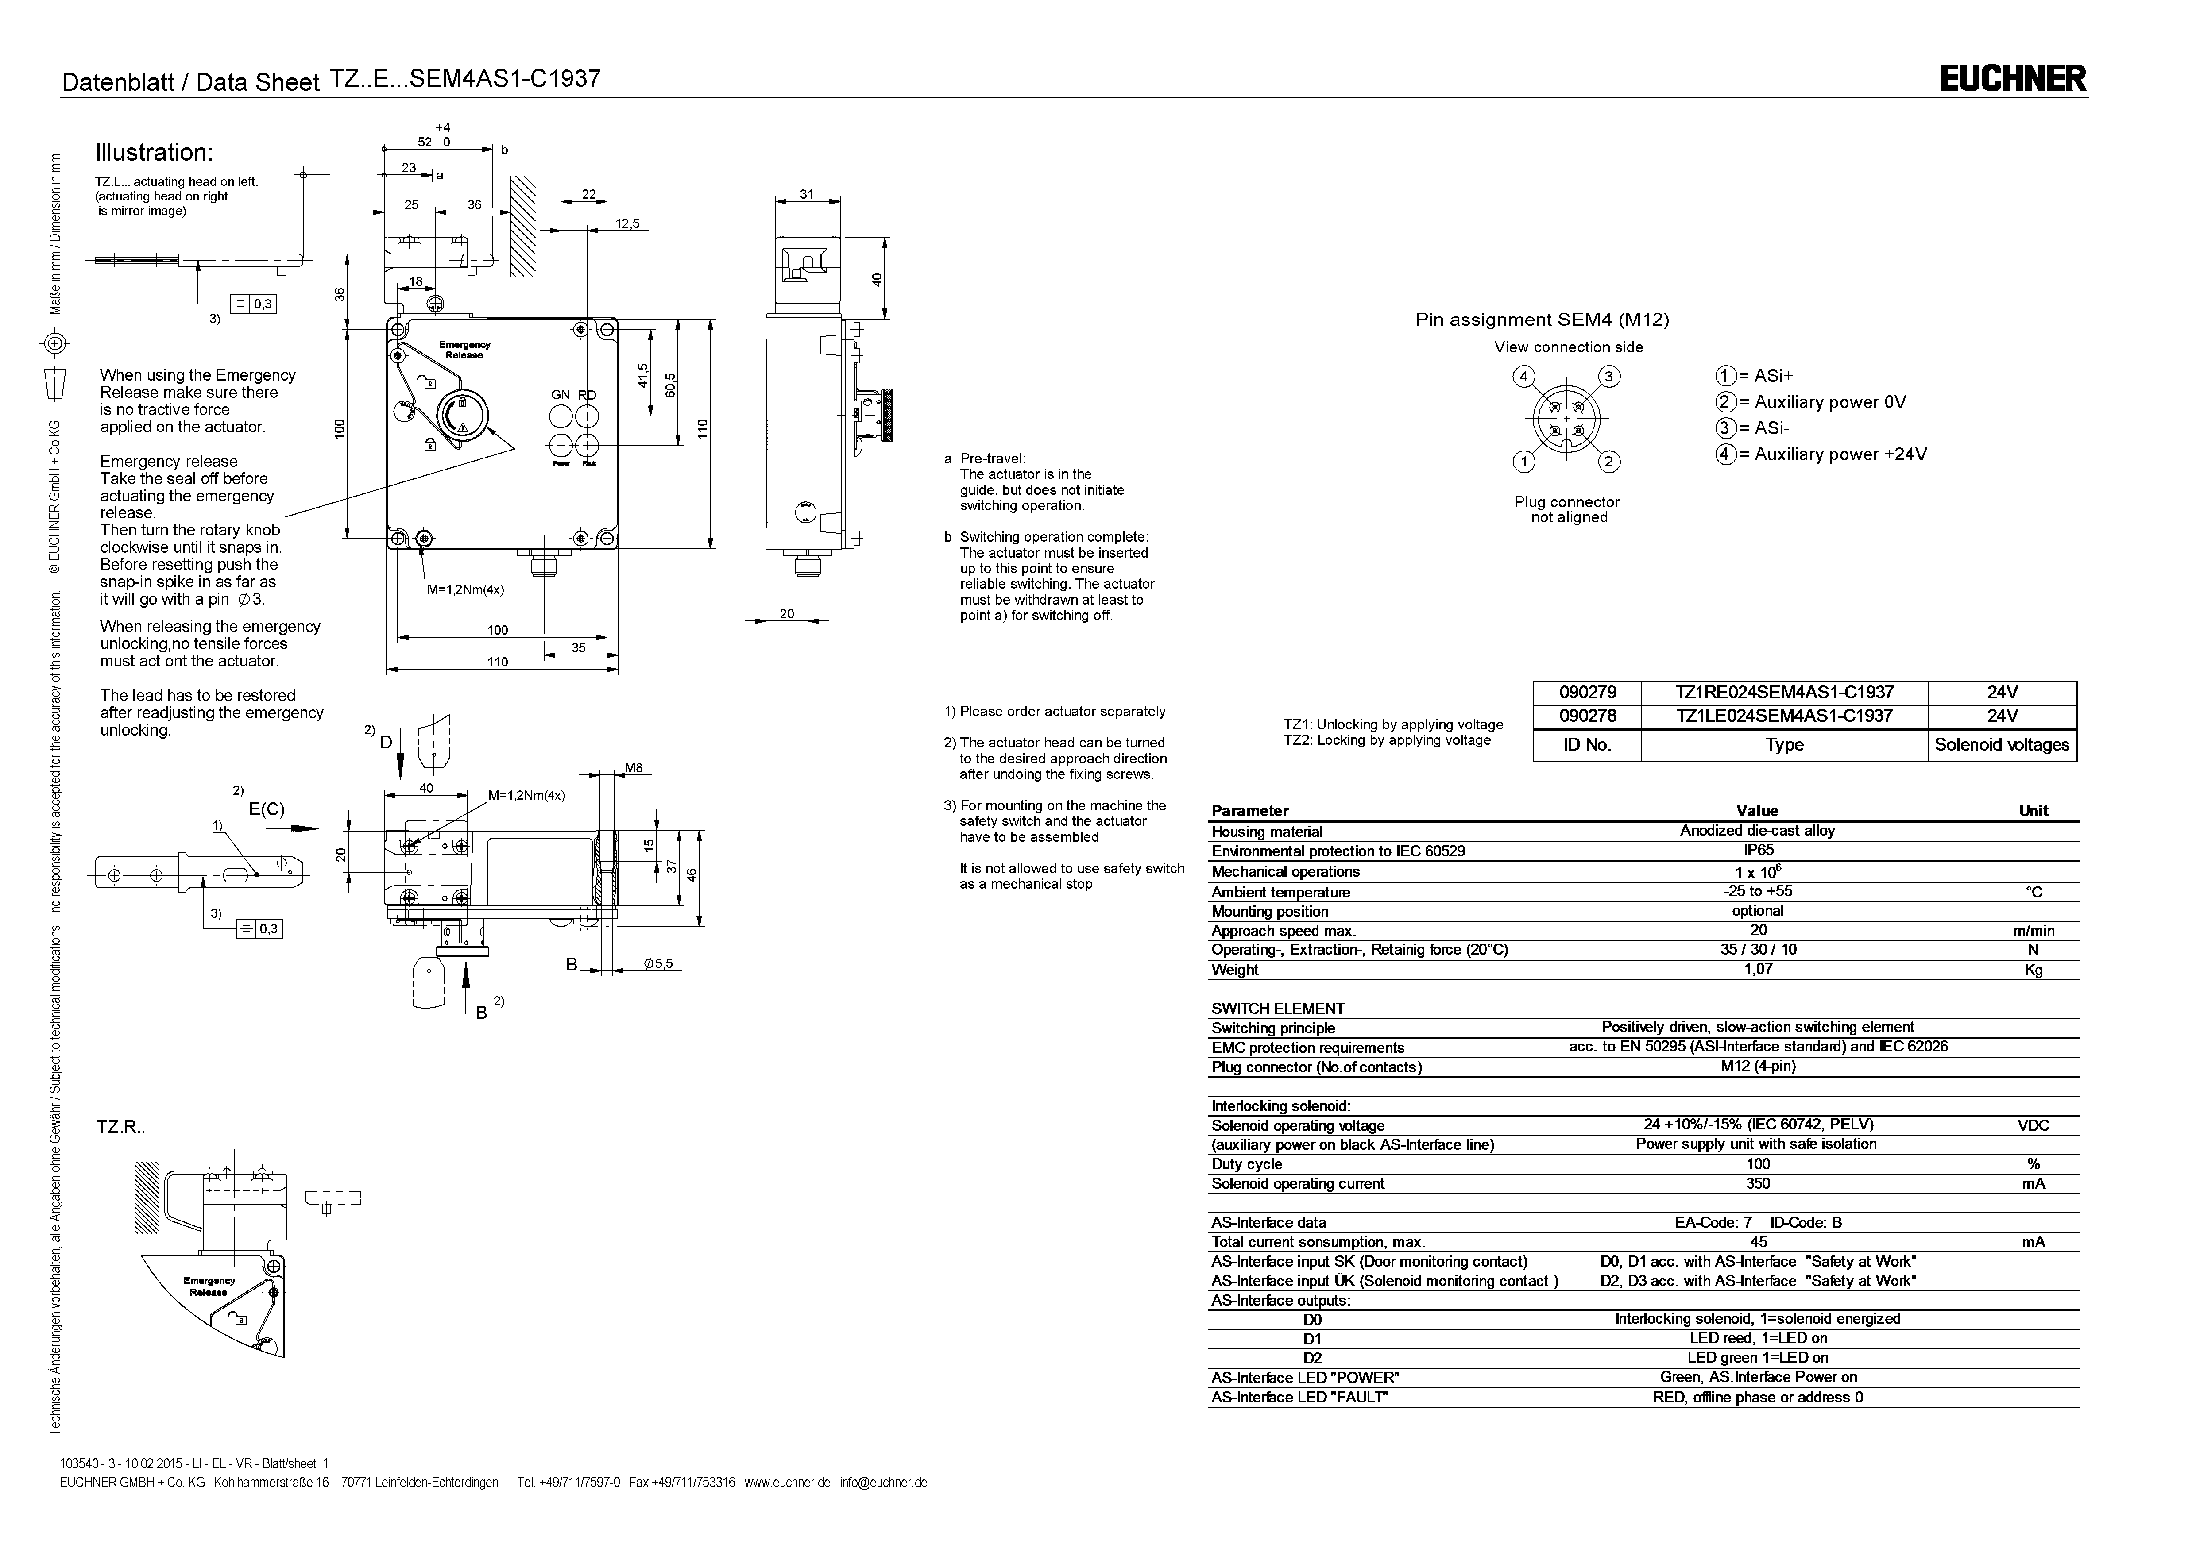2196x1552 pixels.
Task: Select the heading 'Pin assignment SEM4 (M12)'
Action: [x=1542, y=320]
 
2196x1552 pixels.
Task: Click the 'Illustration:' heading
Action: [x=153, y=153]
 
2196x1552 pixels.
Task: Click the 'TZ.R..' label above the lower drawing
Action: [x=120, y=1128]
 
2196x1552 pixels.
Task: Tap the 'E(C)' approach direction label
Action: [x=267, y=809]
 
